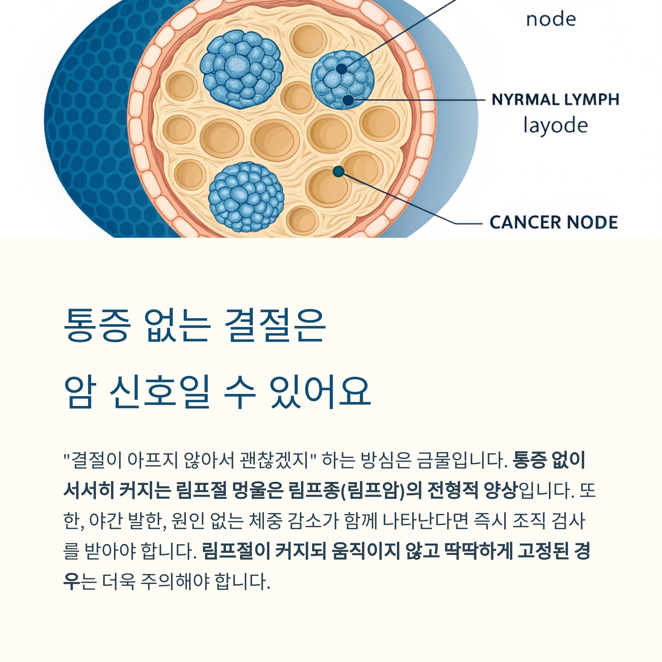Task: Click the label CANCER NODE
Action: [553, 222]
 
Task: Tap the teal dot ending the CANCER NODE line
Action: [338, 171]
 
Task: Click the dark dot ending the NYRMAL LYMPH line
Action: [348, 100]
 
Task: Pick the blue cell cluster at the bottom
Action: [246, 197]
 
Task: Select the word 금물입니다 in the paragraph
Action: [462, 460]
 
